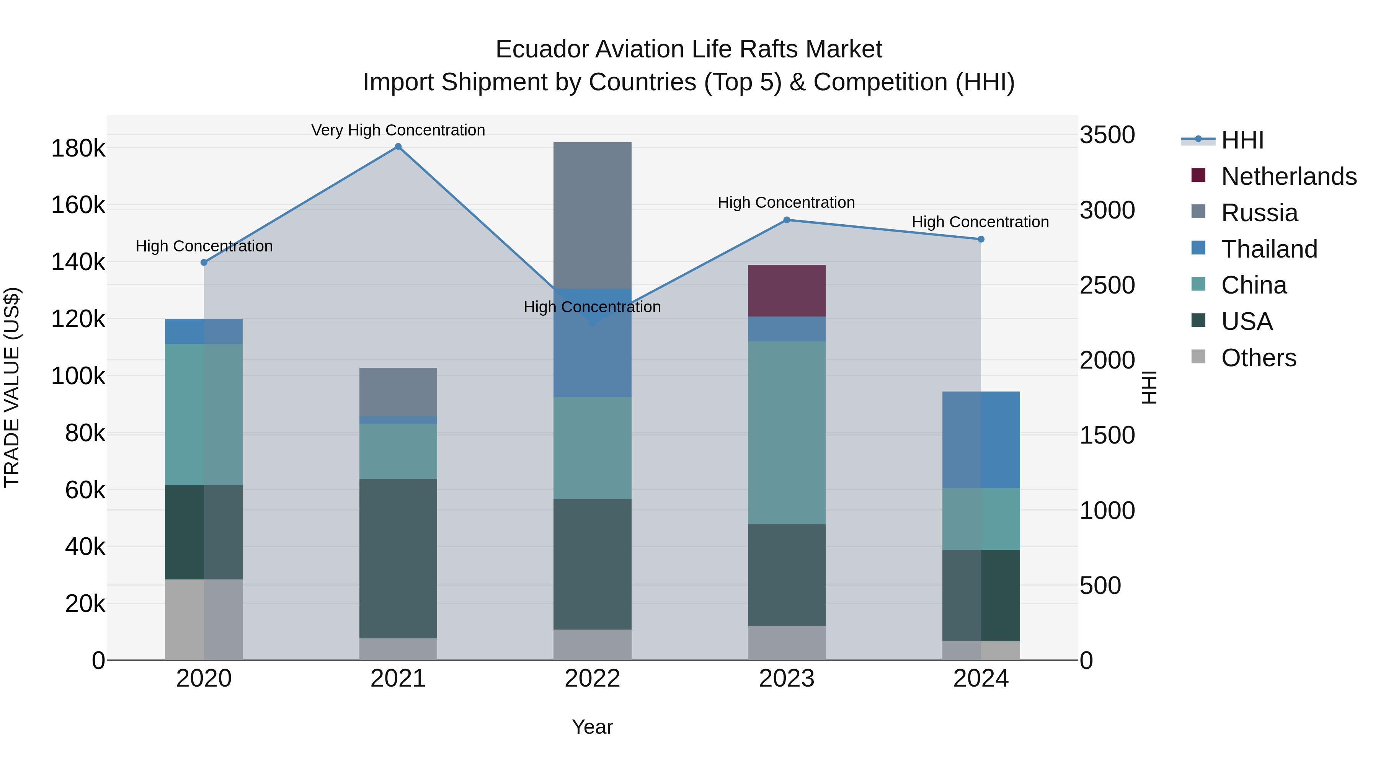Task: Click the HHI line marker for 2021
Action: pos(398,147)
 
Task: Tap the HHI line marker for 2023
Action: pos(786,220)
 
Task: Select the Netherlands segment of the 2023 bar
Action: pos(786,290)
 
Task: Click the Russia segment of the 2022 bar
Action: pos(592,215)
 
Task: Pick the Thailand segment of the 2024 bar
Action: pos(981,440)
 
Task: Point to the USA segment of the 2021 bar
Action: pos(398,558)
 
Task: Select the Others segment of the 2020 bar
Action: pos(203,619)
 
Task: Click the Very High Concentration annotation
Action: pos(398,130)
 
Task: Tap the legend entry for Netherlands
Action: pos(1288,176)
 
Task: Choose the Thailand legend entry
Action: pos(1269,249)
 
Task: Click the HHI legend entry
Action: pos(1242,140)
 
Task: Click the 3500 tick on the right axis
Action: pos(1106,135)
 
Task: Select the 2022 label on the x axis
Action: pos(592,679)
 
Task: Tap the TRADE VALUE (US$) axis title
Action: pos(12,387)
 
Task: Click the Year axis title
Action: pos(592,727)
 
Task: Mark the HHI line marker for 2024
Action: pos(981,239)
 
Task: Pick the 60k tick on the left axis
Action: pos(85,490)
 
